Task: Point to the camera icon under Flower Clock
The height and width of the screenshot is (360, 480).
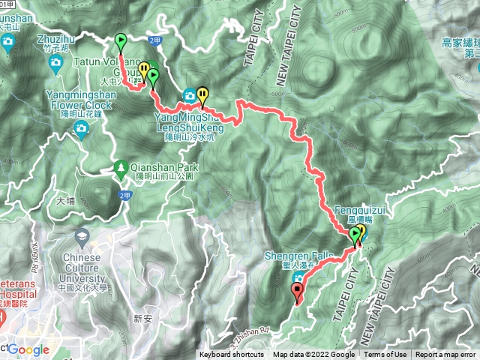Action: pos(80,130)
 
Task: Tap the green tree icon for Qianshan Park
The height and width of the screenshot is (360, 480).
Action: pos(120,166)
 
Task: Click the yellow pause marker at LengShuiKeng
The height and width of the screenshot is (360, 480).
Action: pos(202,94)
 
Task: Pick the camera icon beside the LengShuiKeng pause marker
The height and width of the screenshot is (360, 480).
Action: pos(189,96)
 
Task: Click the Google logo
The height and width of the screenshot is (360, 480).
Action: pos(28,349)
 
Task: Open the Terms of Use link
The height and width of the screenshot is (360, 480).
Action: pos(385,355)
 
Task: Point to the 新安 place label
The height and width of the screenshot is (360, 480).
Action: pos(142,319)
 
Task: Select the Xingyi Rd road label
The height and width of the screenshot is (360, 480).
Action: pos(13,233)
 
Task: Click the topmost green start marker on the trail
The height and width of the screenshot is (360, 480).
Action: pos(121,41)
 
